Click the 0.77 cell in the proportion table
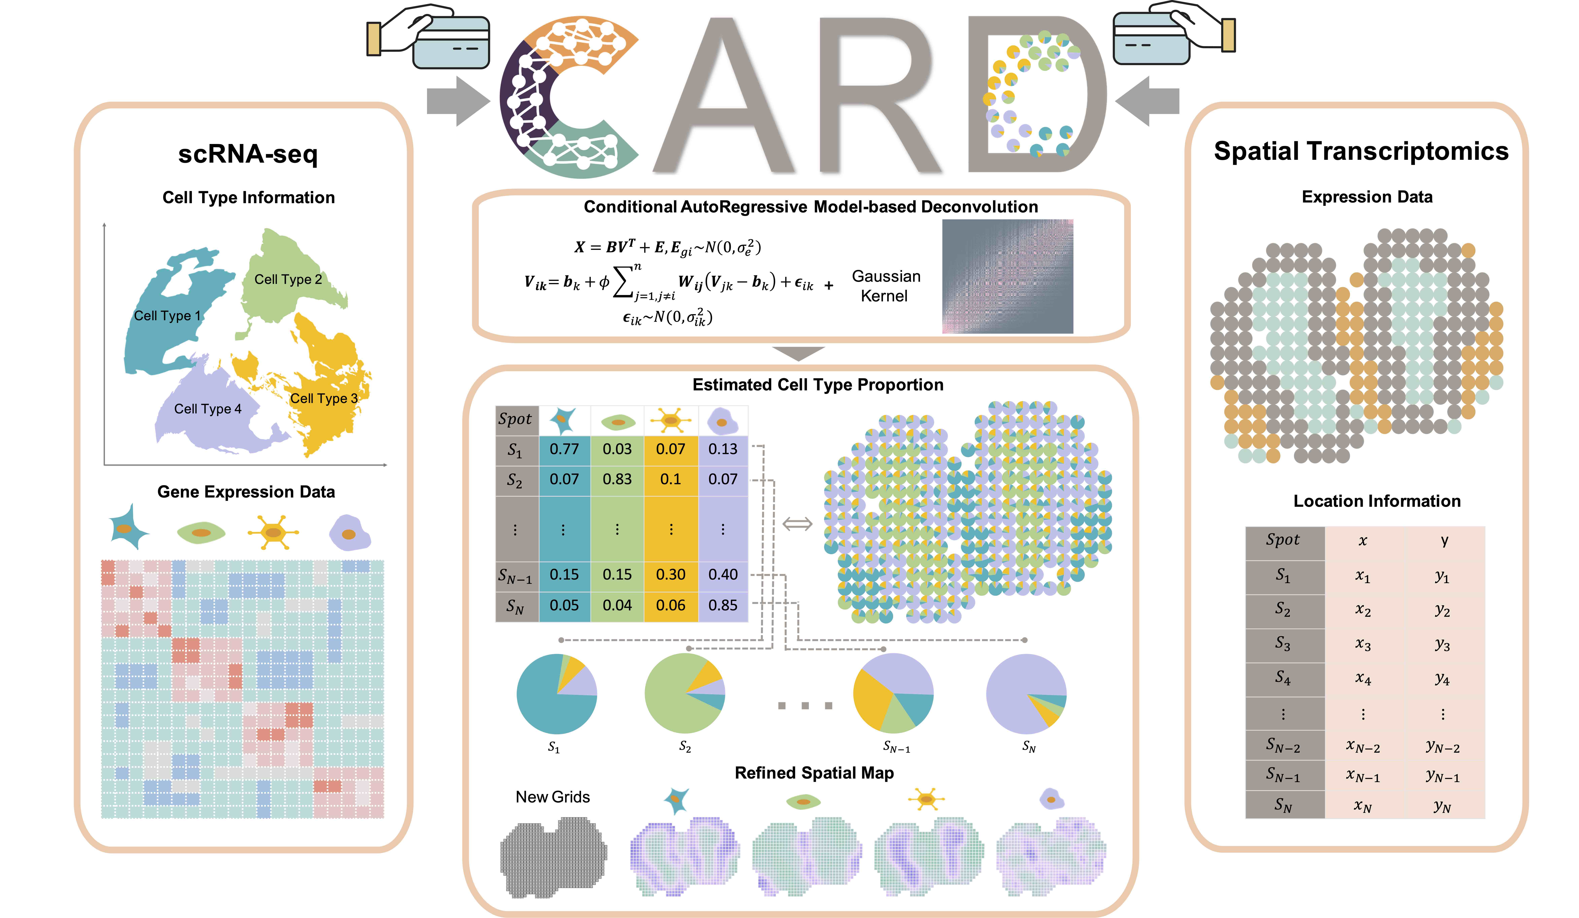[x=564, y=449]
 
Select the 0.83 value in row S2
[x=617, y=479]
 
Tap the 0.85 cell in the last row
[x=723, y=605]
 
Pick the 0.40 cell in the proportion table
[x=723, y=574]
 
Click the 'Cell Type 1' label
[x=167, y=316]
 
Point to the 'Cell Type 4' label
[x=207, y=409]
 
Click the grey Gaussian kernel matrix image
[x=1008, y=276]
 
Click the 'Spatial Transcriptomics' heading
[x=1361, y=152]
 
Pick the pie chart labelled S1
[x=556, y=694]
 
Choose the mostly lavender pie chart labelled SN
[x=1026, y=694]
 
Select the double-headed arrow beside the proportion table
[x=798, y=523]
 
